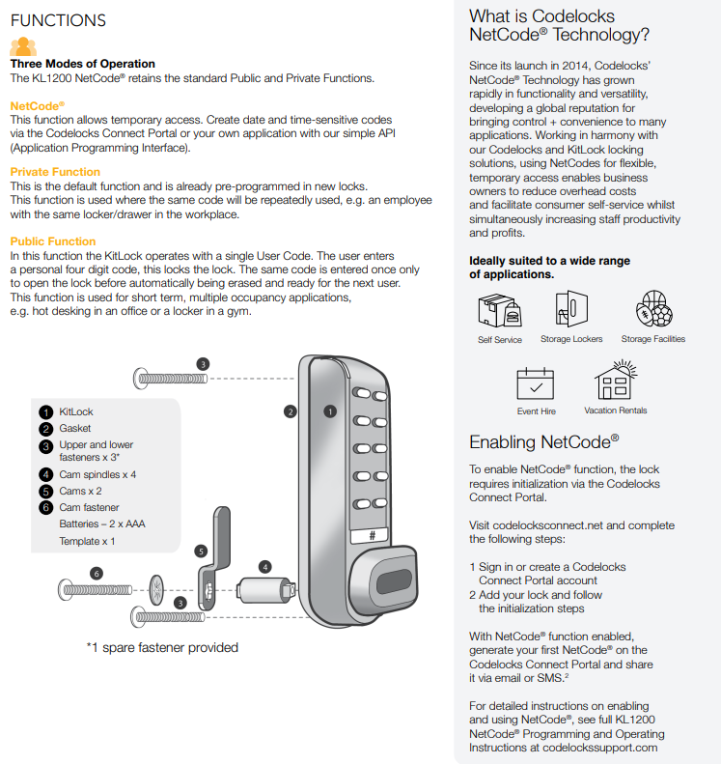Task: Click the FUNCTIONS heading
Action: coord(58,20)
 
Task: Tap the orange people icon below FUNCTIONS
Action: coord(23,45)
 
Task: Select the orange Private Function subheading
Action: coord(55,172)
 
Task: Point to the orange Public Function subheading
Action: coord(53,241)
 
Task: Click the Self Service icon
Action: coord(499,310)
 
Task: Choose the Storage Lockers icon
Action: coord(570,308)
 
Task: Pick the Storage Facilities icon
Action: coord(653,309)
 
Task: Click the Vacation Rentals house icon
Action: coord(615,381)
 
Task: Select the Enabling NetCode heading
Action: coord(544,442)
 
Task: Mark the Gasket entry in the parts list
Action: coord(75,428)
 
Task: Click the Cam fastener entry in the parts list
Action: coord(89,507)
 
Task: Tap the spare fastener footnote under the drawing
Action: coord(162,647)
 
